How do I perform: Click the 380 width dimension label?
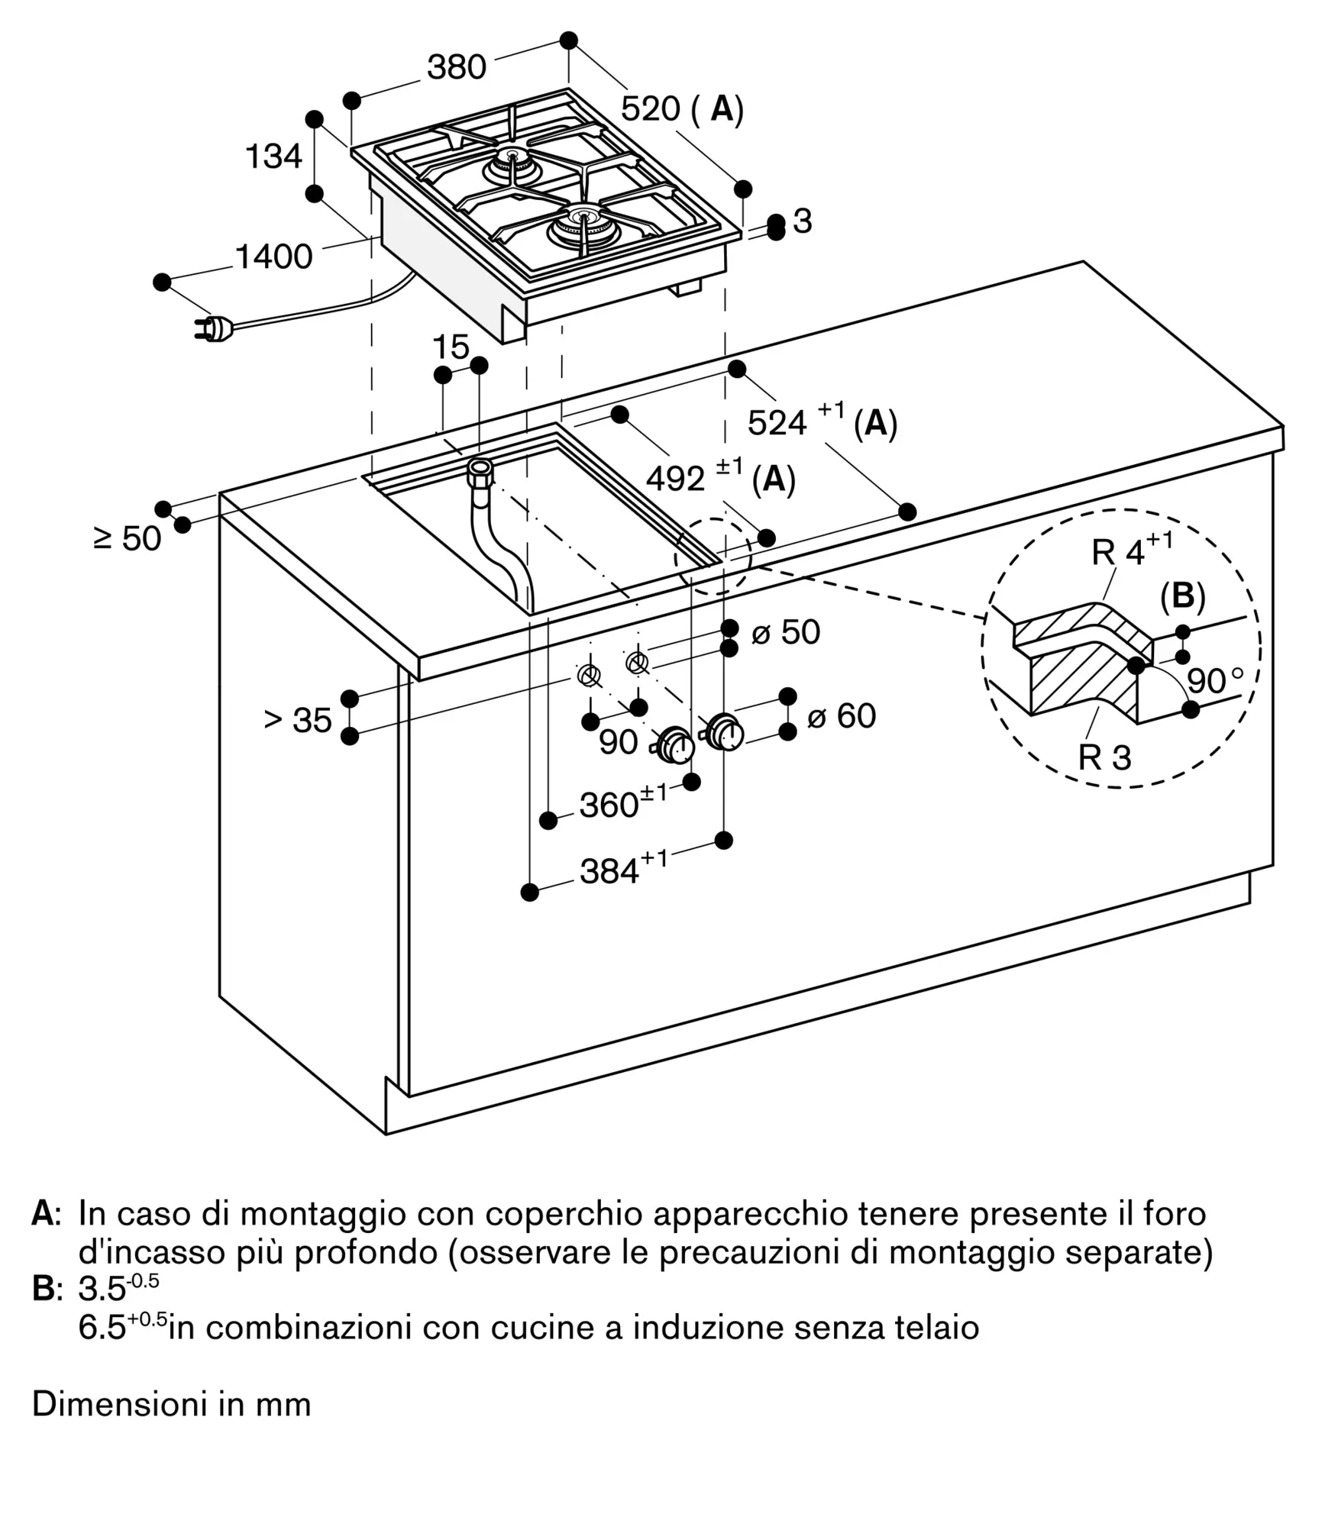click(x=456, y=67)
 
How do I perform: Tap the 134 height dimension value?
click(x=273, y=157)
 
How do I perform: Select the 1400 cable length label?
click(x=273, y=257)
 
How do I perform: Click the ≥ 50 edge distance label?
click(x=128, y=539)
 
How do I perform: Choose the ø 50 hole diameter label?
click(x=786, y=632)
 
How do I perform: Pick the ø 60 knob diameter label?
click(x=841, y=716)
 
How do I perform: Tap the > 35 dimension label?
click(x=298, y=720)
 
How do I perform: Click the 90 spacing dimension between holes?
click(x=618, y=741)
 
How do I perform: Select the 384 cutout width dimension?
click(x=609, y=871)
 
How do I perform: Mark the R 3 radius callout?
click(x=1104, y=757)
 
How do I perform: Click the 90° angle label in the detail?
click(x=1215, y=680)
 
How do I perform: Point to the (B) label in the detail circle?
click(x=1182, y=596)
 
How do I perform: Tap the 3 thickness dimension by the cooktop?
click(x=802, y=221)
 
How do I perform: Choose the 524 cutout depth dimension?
click(x=777, y=422)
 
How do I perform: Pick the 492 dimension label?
click(x=675, y=479)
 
